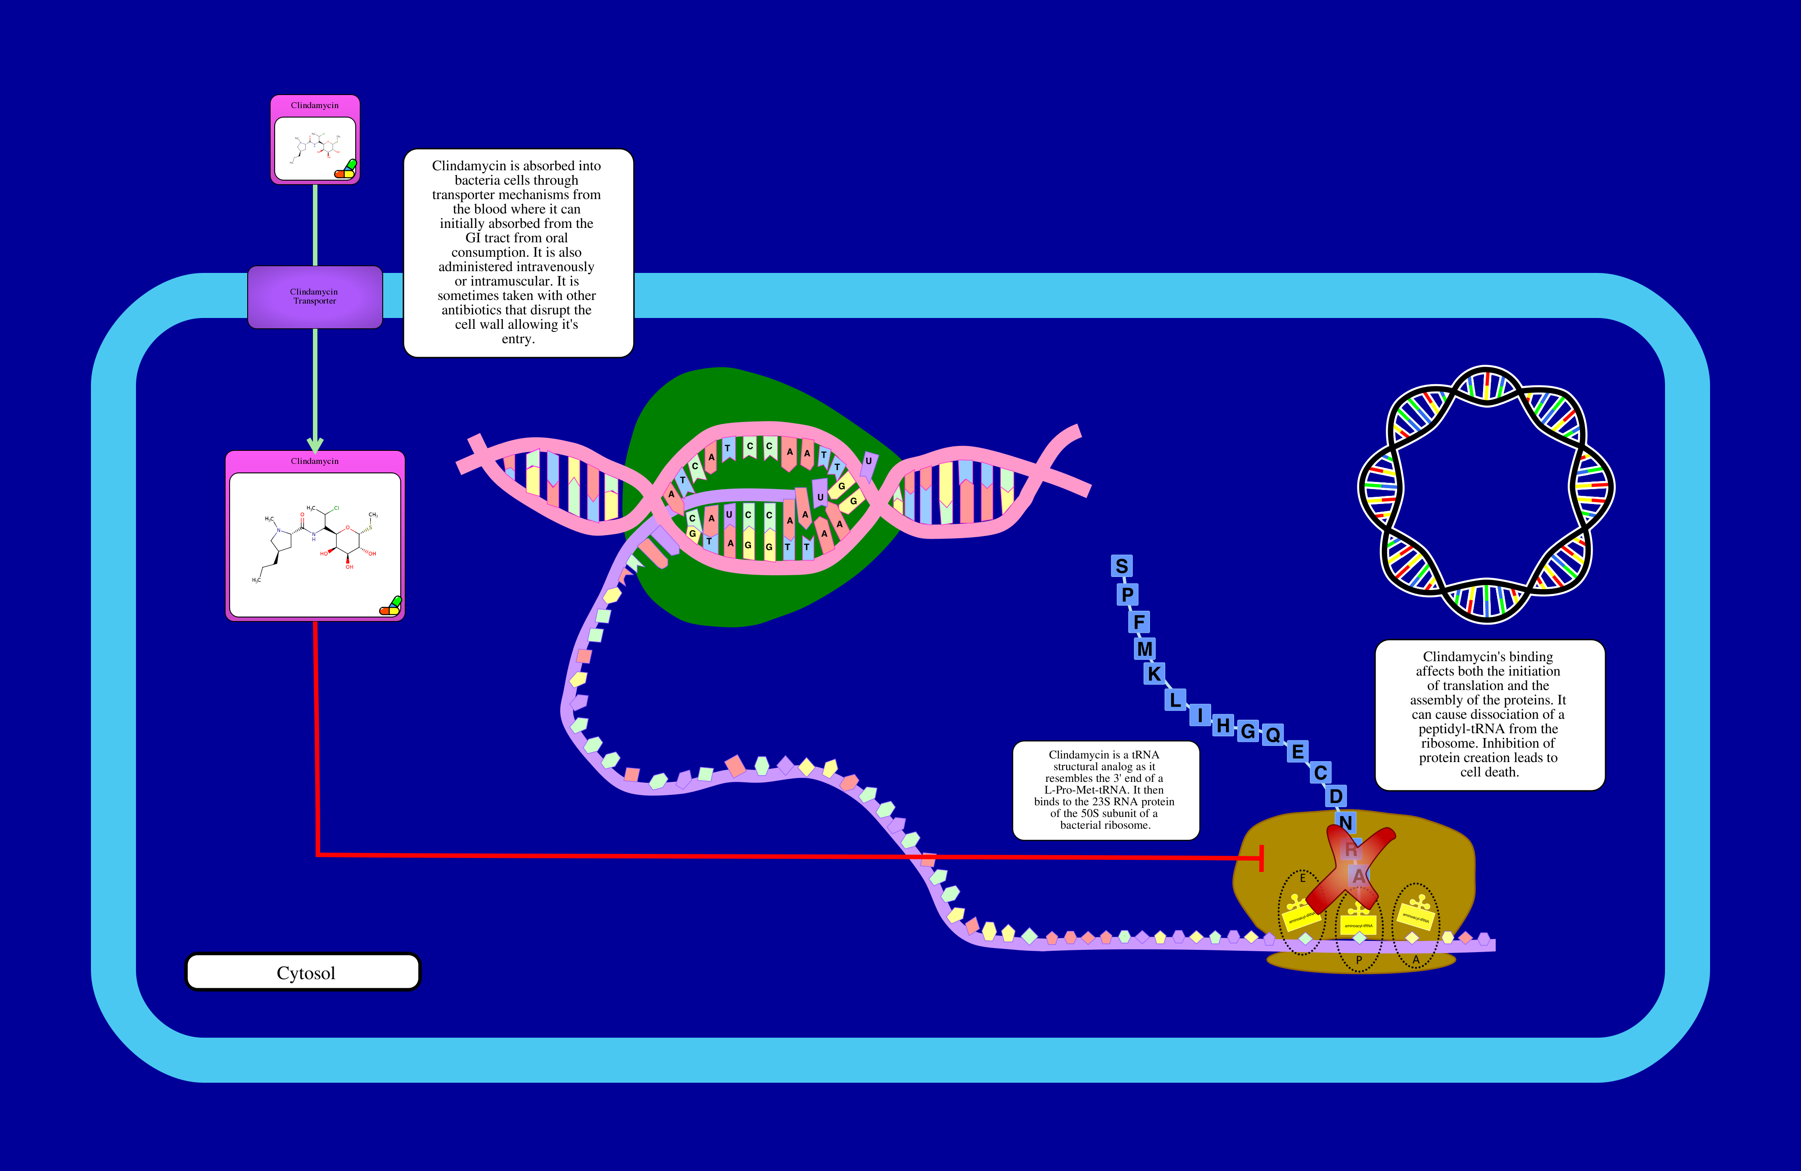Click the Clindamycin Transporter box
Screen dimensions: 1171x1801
click(315, 297)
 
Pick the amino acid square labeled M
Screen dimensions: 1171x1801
click(1145, 649)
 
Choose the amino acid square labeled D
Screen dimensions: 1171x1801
click(1335, 796)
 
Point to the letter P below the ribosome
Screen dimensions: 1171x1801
click(1358, 960)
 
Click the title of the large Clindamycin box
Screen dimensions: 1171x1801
click(315, 461)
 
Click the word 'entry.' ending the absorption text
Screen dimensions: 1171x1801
click(518, 339)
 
